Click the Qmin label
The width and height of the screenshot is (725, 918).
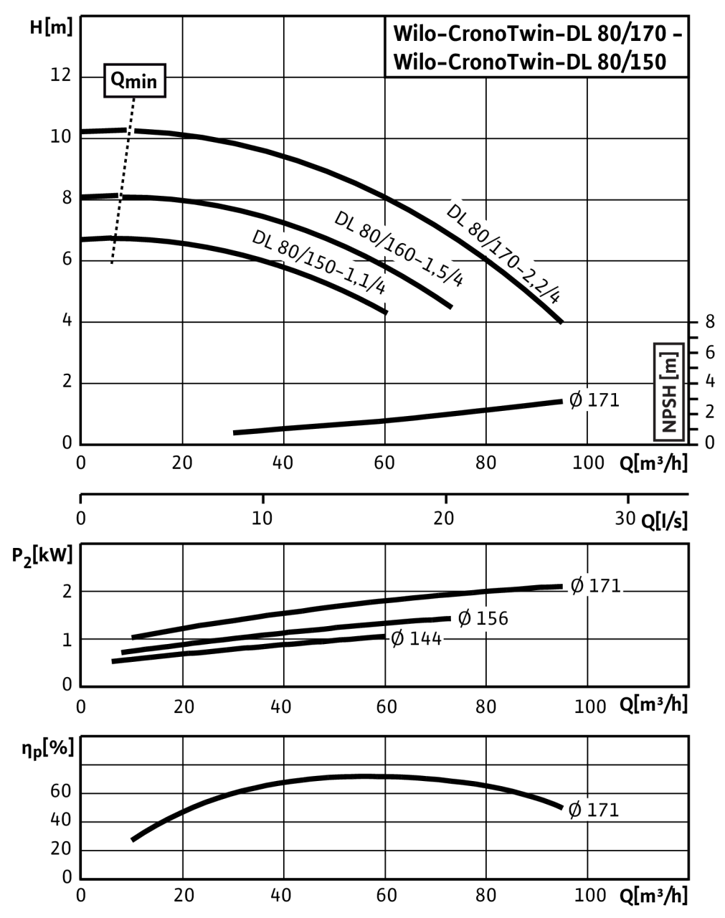click(135, 80)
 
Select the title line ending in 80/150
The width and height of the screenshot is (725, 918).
click(530, 62)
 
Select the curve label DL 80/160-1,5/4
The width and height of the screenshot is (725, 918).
click(401, 247)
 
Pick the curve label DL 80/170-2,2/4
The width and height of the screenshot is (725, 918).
click(508, 252)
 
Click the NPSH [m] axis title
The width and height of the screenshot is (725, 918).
click(670, 391)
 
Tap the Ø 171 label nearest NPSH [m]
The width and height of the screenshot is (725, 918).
click(594, 400)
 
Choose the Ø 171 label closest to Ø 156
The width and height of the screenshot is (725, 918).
click(596, 586)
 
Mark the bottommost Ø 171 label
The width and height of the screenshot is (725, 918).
click(593, 810)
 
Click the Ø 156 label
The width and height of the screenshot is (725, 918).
click(483, 618)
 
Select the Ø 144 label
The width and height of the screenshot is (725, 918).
click(416, 638)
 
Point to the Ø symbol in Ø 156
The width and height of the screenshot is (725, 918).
click(465, 618)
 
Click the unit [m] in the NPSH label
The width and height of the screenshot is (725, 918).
click(670, 362)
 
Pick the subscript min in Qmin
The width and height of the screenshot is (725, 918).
click(142, 82)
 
